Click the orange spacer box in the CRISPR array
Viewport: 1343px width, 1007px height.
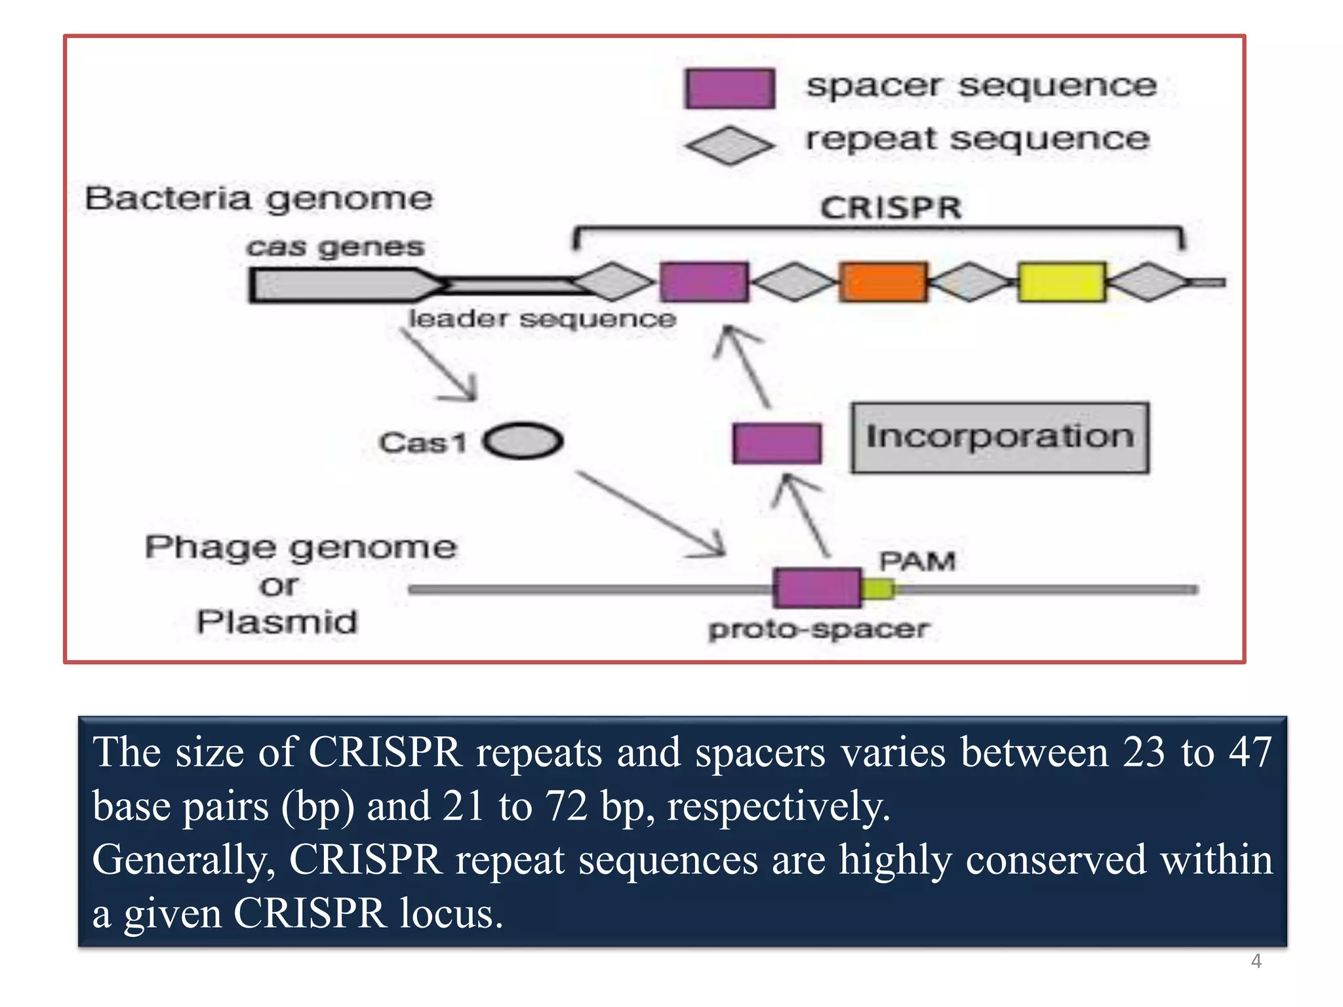click(x=883, y=282)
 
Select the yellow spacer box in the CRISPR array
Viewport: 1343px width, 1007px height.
click(x=1062, y=282)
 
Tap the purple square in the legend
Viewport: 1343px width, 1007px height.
click(x=729, y=89)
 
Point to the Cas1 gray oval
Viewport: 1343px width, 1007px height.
click(x=523, y=441)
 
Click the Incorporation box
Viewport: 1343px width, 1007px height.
click(x=1000, y=437)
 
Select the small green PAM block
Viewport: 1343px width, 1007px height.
click(x=878, y=589)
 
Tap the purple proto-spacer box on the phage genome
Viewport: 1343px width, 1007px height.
click(x=817, y=588)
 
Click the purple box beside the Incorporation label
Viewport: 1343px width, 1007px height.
click(x=777, y=444)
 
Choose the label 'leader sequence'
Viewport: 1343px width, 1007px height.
click(x=542, y=319)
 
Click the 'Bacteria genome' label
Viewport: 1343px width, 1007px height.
click(x=259, y=199)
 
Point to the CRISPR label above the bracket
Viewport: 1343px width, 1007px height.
click(x=891, y=208)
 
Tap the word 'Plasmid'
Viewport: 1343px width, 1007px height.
click(x=277, y=622)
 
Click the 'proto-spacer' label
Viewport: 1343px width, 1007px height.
click(x=818, y=629)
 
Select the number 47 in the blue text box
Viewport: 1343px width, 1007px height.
click(x=1250, y=752)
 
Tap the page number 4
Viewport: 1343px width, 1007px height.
click(x=1256, y=961)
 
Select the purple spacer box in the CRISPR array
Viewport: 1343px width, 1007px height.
click(x=704, y=282)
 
